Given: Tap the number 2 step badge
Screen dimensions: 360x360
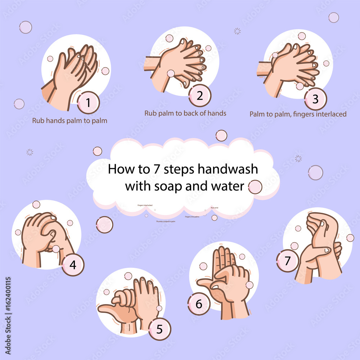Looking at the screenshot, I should (x=199, y=96).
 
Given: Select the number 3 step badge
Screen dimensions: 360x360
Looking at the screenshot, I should (x=315, y=99).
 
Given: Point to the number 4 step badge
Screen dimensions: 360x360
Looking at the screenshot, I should (x=73, y=265).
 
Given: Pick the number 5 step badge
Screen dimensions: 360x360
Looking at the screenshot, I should (x=159, y=329).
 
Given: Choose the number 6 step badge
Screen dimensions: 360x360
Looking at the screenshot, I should (x=199, y=304).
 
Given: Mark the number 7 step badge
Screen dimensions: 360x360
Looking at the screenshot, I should (x=287, y=261).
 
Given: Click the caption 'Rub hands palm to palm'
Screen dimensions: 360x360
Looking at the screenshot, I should (x=69, y=121).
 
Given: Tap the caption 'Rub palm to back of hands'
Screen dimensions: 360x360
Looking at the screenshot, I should (x=185, y=113).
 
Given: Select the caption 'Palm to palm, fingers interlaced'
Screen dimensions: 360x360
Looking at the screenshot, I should (x=298, y=114).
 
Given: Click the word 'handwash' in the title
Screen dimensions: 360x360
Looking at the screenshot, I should (x=230, y=169).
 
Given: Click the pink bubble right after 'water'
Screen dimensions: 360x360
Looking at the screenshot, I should (x=255, y=187).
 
